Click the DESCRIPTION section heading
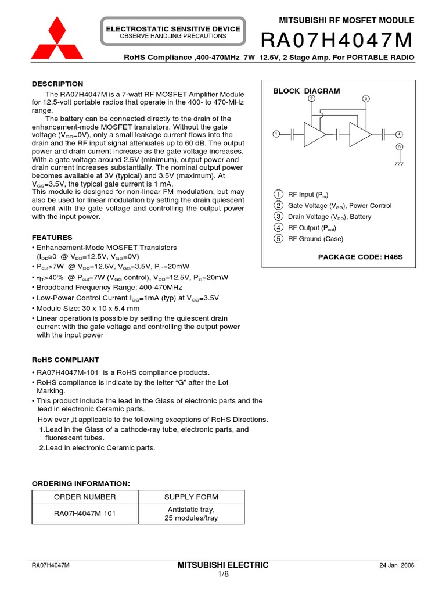click(57, 84)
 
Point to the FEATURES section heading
click(52, 238)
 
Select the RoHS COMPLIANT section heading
click(65, 360)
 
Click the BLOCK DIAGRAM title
click(307, 91)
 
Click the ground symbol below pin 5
click(400, 164)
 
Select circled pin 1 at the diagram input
click(276, 134)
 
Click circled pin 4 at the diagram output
click(400, 134)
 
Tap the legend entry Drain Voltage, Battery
click(329, 217)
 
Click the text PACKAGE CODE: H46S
click(361, 256)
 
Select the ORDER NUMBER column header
click(85, 497)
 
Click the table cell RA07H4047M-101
click(85, 514)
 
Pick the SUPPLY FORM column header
click(191, 497)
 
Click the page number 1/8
click(224, 575)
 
